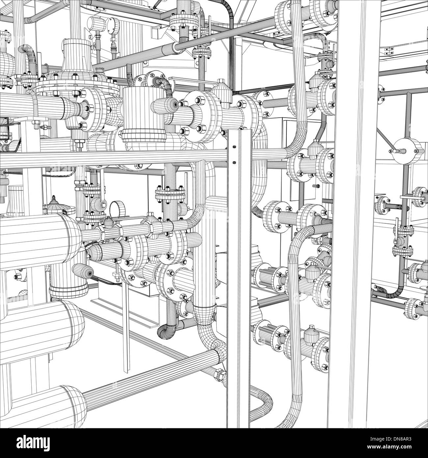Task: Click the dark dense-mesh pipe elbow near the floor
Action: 167,330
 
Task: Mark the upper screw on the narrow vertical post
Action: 234,147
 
